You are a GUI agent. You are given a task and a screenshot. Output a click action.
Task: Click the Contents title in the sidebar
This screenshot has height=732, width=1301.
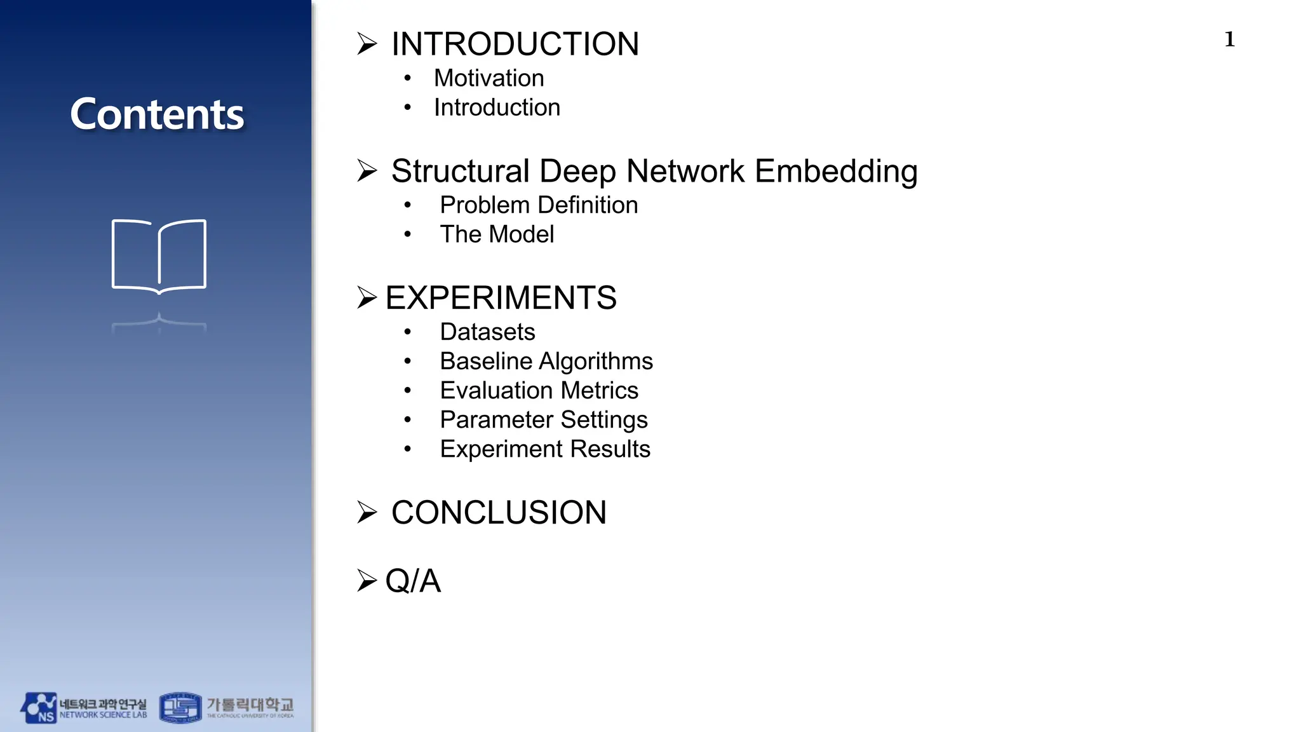(x=157, y=114)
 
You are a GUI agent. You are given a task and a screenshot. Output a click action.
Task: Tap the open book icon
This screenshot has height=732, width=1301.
(x=159, y=256)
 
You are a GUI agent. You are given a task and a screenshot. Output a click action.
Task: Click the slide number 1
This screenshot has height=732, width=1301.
(x=1229, y=39)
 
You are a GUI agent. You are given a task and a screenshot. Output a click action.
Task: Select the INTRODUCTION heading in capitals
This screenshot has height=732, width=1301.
(x=515, y=44)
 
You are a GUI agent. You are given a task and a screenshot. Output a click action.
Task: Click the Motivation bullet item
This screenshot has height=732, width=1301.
(x=489, y=78)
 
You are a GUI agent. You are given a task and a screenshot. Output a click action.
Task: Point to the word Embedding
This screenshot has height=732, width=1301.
(x=836, y=171)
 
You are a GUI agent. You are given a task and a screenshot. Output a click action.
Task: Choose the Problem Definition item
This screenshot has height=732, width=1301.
(x=539, y=205)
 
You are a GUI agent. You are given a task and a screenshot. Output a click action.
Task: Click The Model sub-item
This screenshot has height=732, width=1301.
(x=497, y=234)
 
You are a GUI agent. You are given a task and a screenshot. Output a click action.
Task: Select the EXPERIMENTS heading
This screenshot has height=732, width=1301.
(x=501, y=297)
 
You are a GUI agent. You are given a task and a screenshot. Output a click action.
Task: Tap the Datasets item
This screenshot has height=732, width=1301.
(x=487, y=332)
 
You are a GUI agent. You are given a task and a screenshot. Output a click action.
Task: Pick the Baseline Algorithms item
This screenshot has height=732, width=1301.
(x=546, y=361)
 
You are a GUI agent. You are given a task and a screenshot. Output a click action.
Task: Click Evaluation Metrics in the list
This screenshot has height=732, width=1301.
(x=539, y=390)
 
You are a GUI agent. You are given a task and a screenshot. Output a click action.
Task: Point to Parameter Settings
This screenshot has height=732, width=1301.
(x=544, y=419)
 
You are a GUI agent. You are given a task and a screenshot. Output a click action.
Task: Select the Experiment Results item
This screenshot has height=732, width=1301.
(x=545, y=449)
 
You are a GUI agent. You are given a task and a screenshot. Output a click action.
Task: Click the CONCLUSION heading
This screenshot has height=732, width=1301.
(x=499, y=512)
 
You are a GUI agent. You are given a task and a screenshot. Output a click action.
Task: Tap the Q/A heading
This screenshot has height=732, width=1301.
(x=413, y=581)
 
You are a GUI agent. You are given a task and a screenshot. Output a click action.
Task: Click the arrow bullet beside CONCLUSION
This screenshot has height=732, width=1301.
(x=367, y=512)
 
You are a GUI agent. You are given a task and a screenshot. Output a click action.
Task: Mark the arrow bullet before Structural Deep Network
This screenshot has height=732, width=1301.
(x=367, y=170)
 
